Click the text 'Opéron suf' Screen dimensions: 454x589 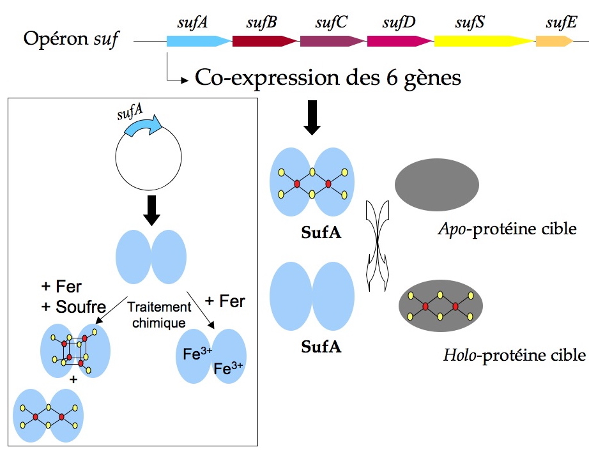point(71,40)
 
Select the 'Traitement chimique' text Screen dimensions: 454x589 point(160,315)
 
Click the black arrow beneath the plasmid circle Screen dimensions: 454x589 point(152,210)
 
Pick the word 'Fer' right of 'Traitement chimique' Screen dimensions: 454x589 point(231,301)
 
